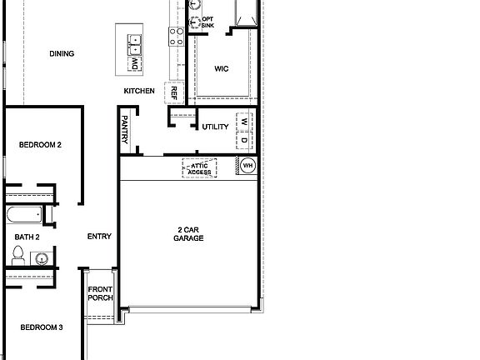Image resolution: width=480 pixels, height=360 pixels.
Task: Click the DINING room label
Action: tap(62, 54)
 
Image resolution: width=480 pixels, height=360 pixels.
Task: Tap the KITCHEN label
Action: tap(139, 91)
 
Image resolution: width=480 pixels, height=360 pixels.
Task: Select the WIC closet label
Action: tap(221, 69)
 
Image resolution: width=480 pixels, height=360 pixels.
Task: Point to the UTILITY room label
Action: tap(215, 127)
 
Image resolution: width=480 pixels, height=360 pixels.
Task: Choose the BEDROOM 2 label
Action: tap(41, 145)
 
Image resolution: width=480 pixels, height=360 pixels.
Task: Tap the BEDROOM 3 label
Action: tap(42, 327)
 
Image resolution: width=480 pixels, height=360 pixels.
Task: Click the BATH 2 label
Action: tap(27, 237)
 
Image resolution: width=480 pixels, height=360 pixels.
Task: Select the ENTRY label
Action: tap(99, 237)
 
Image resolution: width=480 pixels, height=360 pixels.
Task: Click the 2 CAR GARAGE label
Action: tap(189, 233)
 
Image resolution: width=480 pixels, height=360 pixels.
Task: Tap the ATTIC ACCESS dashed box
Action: tap(199, 168)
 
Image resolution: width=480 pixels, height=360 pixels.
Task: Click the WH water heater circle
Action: tap(247, 166)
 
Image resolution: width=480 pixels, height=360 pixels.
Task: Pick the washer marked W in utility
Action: tap(244, 122)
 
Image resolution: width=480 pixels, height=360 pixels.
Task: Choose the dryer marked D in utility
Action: tap(244, 140)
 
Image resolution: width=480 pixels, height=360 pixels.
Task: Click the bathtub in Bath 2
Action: tap(22, 216)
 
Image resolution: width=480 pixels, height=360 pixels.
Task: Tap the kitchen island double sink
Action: tap(133, 40)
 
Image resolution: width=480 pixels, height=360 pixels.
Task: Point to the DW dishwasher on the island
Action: tap(133, 62)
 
